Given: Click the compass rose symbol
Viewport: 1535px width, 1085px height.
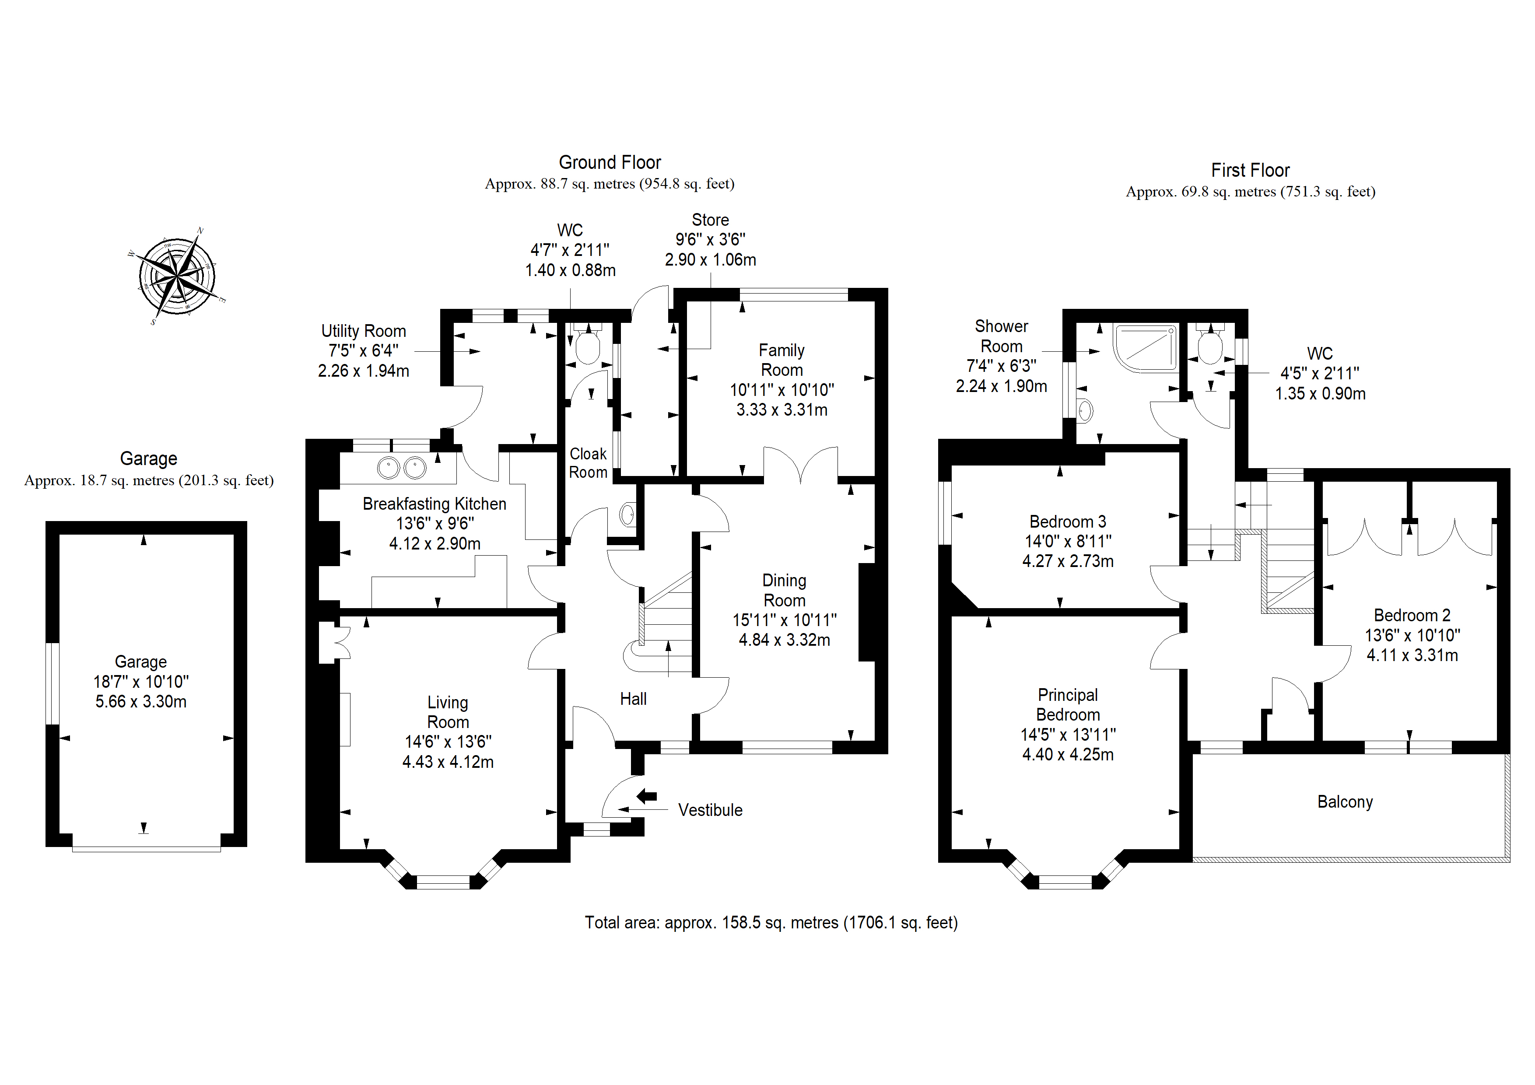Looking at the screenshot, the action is coord(177,276).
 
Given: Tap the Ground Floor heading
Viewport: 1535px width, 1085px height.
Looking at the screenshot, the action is coord(610,162).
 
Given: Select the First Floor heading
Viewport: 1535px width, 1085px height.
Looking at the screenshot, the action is coord(1250,171).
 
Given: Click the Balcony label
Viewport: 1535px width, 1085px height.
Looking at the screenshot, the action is coord(1345,801).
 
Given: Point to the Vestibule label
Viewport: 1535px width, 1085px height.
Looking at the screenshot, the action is coord(710,810).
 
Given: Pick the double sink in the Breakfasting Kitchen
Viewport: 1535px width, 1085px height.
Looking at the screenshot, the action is coord(401,468).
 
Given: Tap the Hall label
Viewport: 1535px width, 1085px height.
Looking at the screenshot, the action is coord(633,699).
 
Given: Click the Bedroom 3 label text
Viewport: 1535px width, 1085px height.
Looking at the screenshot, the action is coord(1068,521).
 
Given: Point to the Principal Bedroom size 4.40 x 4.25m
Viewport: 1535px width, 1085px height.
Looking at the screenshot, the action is coord(1068,755).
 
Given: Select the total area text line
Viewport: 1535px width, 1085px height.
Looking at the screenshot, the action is coord(771,923).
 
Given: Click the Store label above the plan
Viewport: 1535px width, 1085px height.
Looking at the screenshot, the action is coord(710,220).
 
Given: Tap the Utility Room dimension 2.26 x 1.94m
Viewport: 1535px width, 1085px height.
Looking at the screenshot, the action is coord(363,371).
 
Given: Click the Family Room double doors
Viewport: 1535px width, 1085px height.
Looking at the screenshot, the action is coord(800,464).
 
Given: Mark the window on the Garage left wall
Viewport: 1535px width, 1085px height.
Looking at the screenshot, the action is coord(52,683).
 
